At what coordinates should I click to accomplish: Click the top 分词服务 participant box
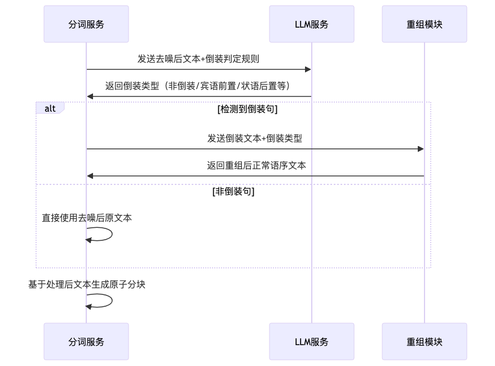point(86,24)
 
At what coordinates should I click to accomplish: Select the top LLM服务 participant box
point(312,24)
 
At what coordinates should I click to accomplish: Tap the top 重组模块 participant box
point(425,24)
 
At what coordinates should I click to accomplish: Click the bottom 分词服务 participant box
point(86,342)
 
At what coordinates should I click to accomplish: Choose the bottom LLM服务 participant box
point(312,342)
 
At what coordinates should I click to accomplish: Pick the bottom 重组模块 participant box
point(425,342)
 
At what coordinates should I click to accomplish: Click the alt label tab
point(50,108)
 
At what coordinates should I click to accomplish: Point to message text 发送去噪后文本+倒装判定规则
point(198,59)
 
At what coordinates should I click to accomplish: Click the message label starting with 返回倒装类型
point(198,86)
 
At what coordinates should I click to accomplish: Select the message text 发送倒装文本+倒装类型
point(255,138)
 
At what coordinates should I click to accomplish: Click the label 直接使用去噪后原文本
point(87,218)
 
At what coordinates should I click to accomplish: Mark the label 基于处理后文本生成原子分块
point(87,285)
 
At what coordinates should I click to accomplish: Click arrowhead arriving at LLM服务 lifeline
point(308,69)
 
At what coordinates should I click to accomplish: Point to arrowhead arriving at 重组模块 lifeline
point(421,149)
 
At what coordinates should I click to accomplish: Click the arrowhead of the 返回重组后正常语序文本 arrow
point(90,176)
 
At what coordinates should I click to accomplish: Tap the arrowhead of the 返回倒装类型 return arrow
point(90,97)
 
